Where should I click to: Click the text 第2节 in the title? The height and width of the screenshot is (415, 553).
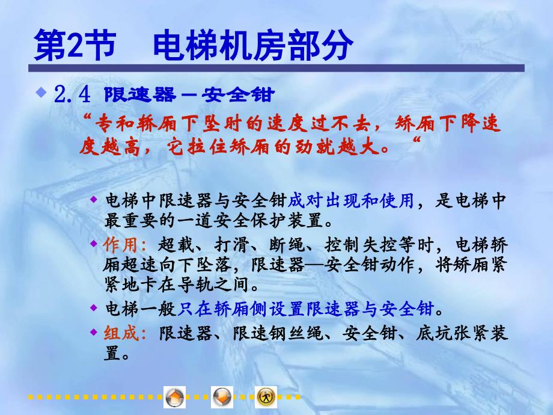click(75, 45)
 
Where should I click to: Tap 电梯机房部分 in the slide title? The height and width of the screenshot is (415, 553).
click(253, 45)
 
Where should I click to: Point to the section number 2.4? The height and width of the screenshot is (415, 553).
click(72, 94)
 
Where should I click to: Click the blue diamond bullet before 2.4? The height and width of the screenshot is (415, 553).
click(41, 93)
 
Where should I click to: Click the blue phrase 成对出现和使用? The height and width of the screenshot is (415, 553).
click(351, 200)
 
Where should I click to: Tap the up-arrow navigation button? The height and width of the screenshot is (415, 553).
click(174, 397)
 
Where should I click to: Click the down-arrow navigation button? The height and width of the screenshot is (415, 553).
click(222, 397)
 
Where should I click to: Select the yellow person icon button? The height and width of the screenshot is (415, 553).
click(266, 397)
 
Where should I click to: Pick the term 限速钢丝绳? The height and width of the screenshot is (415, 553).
click(278, 333)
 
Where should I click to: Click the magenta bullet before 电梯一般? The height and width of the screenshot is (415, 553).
click(93, 308)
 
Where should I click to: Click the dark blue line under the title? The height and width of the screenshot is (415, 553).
click(276, 68)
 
